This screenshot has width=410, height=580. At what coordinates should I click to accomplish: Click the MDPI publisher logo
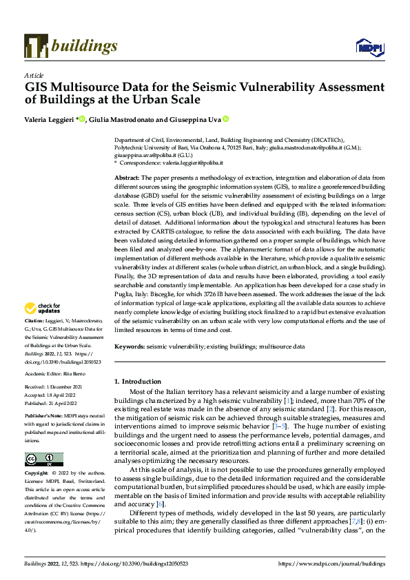point(369,47)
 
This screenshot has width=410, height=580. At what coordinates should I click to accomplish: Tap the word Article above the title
point(34,75)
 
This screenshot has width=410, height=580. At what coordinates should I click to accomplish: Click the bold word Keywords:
point(130,347)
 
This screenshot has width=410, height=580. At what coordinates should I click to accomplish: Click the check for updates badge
point(43,309)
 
